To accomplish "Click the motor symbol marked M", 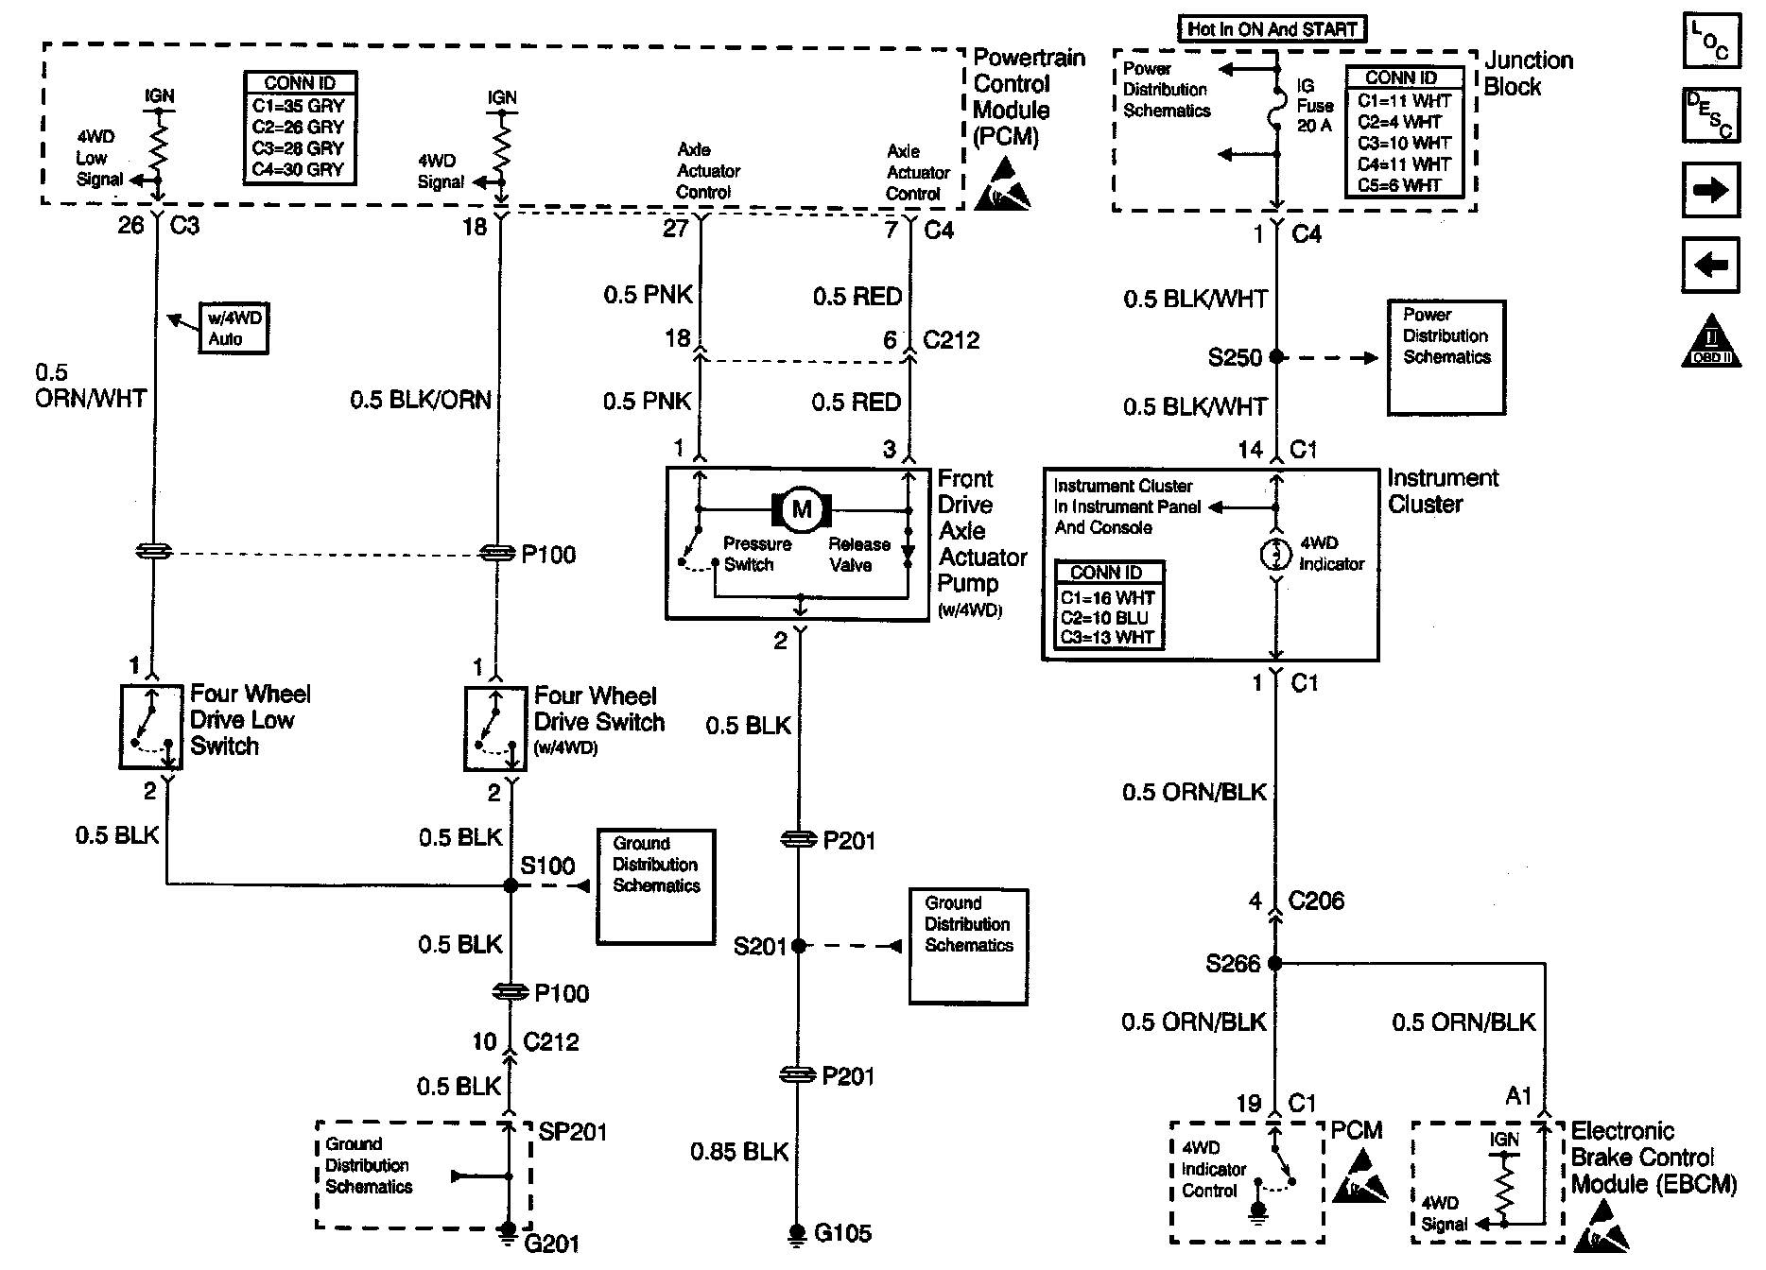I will pyautogui.click(x=802, y=510).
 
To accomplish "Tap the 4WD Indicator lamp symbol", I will pyautogui.click(x=1275, y=555).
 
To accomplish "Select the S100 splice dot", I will pyautogui.click(x=511, y=885).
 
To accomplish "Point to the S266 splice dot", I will pyautogui.click(x=1274, y=964).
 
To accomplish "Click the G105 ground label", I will pyautogui.click(x=842, y=1233).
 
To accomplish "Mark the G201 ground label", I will pyautogui.click(x=551, y=1243).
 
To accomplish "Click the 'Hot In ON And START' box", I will pyautogui.click(x=1272, y=29).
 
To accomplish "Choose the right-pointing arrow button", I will pyautogui.click(x=1710, y=190).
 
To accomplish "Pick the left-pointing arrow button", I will pyautogui.click(x=1710, y=266).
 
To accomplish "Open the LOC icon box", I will pyautogui.click(x=1710, y=43).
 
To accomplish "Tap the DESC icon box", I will pyautogui.click(x=1710, y=115).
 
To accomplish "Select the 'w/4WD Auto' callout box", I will pyautogui.click(x=233, y=329).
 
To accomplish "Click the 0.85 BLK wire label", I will pyautogui.click(x=739, y=1151).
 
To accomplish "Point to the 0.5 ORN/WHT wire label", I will pyautogui.click(x=90, y=386).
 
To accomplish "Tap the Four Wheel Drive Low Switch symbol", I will pyautogui.click(x=151, y=727).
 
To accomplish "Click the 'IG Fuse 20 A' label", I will pyautogui.click(x=1314, y=106).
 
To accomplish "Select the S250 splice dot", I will pyautogui.click(x=1276, y=357).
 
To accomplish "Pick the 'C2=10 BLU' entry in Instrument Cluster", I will pyautogui.click(x=1105, y=618).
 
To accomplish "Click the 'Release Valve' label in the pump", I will pyautogui.click(x=858, y=555).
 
